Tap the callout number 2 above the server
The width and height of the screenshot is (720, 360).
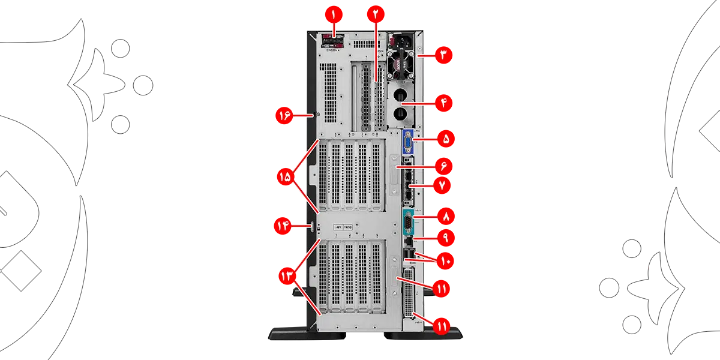[x=376, y=13]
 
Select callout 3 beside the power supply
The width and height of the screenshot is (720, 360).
[x=443, y=55]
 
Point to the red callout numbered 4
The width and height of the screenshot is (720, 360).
[x=443, y=103]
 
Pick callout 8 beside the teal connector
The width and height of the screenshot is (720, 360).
[x=445, y=215]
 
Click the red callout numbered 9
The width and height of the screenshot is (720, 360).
[x=445, y=237]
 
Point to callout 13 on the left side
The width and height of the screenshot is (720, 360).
[x=287, y=275]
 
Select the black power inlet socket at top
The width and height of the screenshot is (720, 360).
[x=400, y=43]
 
